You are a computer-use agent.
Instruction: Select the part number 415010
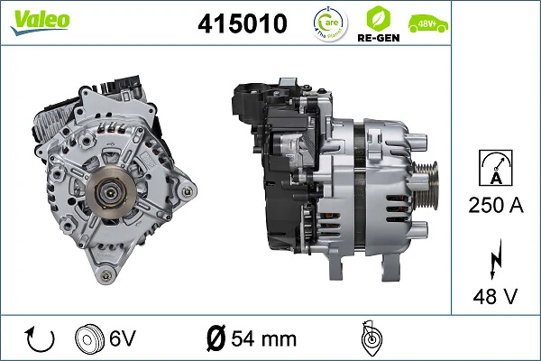(x=242, y=24)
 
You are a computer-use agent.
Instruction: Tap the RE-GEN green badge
(x=379, y=25)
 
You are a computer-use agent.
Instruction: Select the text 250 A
(x=496, y=206)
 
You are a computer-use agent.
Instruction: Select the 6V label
(x=123, y=339)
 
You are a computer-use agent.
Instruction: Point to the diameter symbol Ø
(x=216, y=339)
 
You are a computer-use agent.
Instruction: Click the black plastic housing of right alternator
(x=270, y=171)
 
